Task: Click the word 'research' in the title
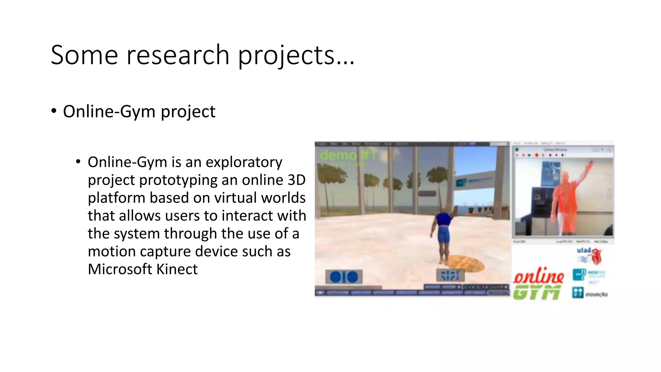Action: [x=178, y=55]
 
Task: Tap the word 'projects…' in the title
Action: [x=296, y=56]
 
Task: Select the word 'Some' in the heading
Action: [x=84, y=55]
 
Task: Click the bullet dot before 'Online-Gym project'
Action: [x=54, y=111]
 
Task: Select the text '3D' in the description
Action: [x=296, y=180]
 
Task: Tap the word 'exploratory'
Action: [x=244, y=162]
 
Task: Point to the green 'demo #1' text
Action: [x=348, y=155]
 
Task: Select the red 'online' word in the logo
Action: [x=538, y=276]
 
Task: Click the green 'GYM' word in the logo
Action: [x=537, y=293]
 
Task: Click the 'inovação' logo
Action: [x=590, y=293]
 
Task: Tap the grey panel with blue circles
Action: [x=344, y=277]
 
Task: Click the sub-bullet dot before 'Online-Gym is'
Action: [x=78, y=161]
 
